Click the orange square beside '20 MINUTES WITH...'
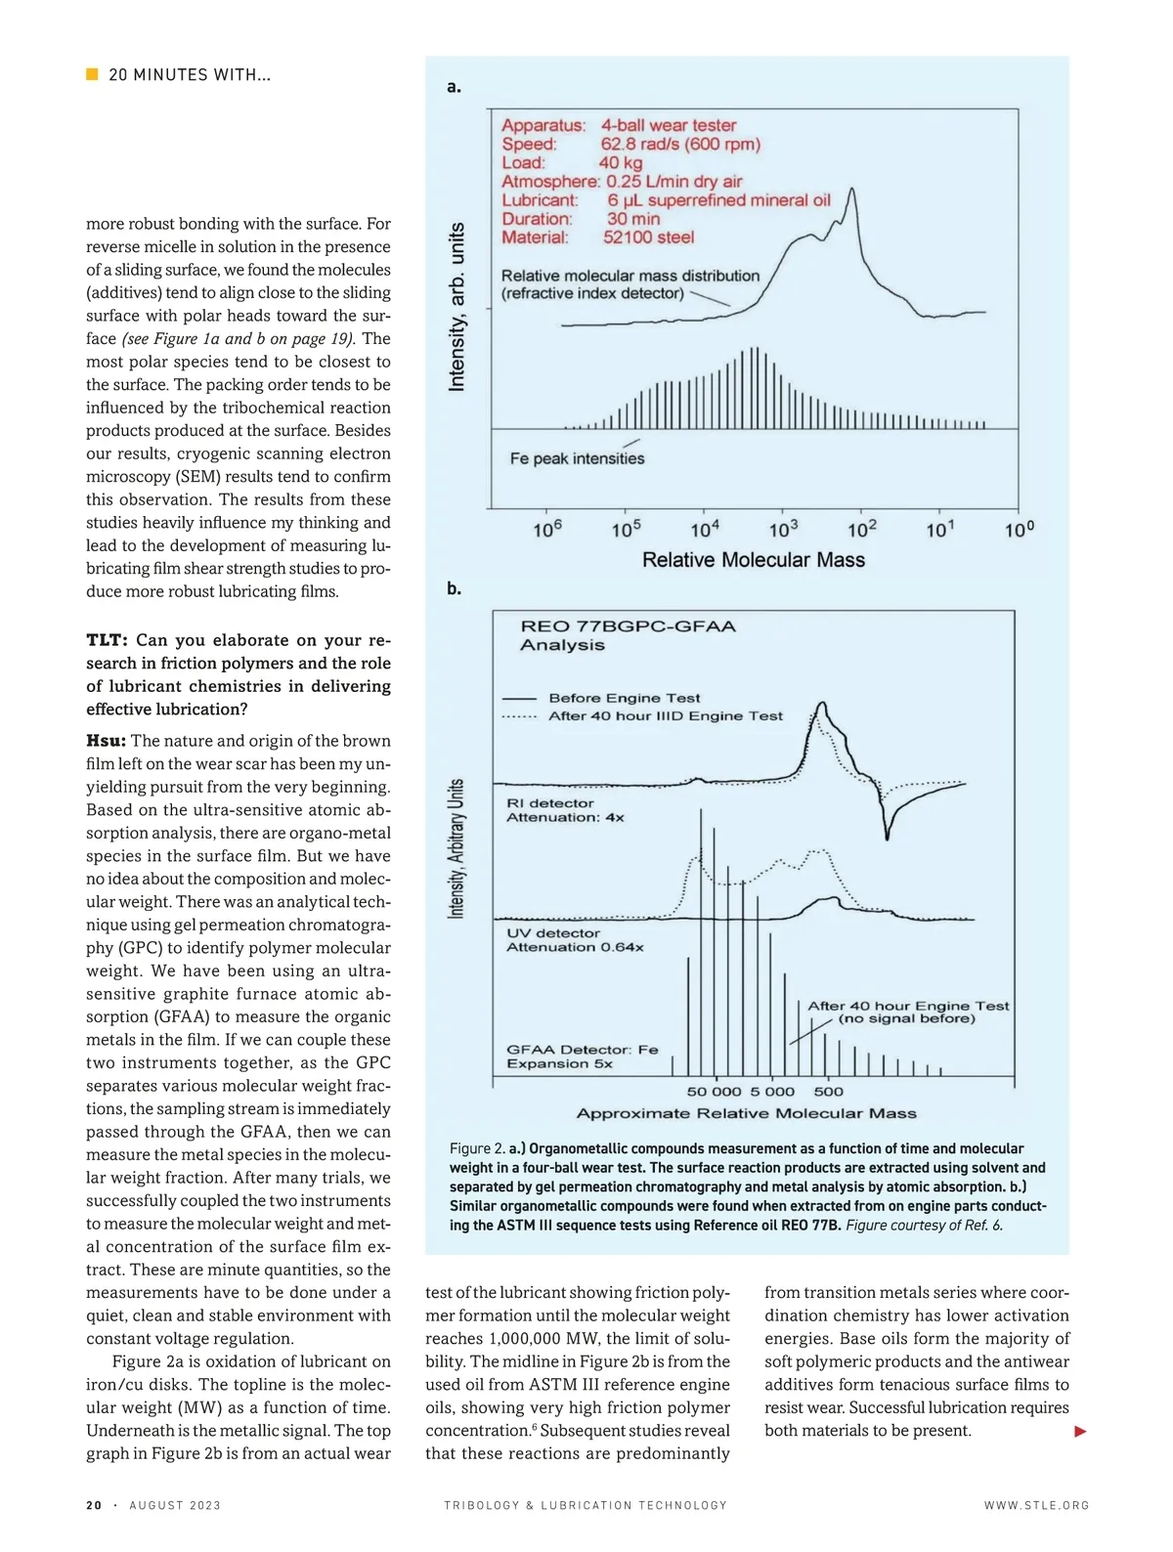92,74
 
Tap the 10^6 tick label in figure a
547,529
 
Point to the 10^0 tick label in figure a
1019,529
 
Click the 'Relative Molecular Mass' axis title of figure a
753,560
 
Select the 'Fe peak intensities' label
577,458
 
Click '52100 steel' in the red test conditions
648,237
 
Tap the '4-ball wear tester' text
669,125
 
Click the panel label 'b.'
454,588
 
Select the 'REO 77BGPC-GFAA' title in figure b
628,626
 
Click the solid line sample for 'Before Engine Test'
519,699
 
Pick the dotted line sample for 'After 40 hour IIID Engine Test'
519,716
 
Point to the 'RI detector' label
549,803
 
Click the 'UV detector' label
552,933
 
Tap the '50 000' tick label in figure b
714,1092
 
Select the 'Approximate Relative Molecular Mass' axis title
746,1113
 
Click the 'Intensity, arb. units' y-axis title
456,308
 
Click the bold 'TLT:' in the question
107,640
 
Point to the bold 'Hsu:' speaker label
106,741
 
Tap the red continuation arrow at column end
1080,1432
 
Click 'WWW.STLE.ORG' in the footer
1036,1505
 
